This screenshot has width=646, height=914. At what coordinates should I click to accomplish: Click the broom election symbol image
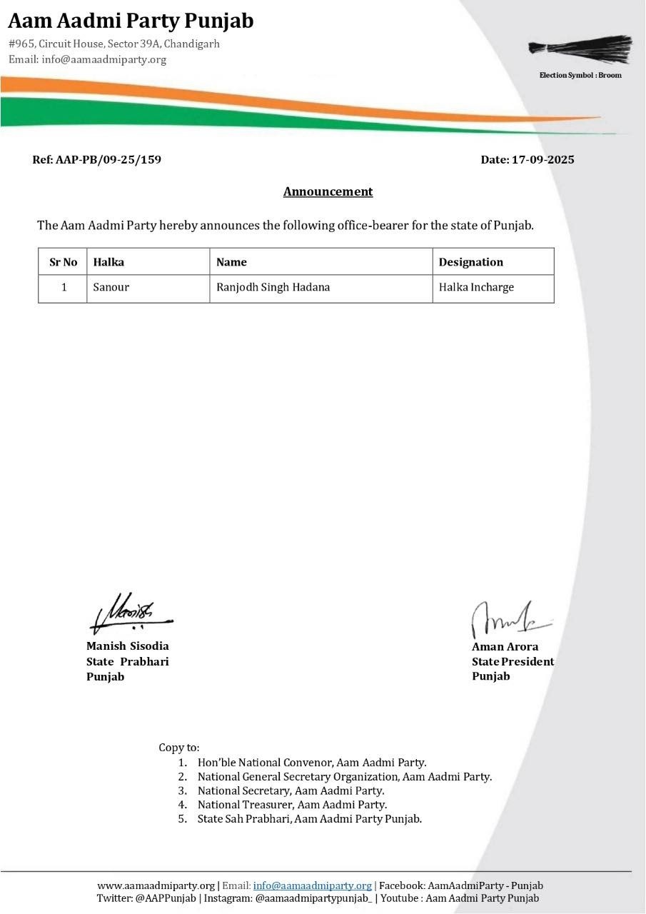580,49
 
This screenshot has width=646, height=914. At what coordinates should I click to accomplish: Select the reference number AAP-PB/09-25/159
108,160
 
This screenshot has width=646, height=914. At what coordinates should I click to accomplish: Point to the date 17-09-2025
542,160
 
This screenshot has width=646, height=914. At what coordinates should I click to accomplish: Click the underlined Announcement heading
328,191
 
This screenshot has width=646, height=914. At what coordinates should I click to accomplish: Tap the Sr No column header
63,262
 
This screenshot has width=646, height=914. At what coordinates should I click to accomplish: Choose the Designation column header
470,262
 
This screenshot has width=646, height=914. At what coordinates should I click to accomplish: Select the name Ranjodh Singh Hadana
273,288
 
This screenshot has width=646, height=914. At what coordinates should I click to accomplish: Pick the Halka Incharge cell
476,288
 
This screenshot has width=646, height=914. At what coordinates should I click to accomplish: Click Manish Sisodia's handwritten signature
130,613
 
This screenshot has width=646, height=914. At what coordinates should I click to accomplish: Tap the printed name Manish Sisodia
128,646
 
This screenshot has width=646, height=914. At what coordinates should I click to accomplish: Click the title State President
513,662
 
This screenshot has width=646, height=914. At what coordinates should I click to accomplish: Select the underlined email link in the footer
312,886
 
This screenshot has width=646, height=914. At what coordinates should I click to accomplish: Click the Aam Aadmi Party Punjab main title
131,21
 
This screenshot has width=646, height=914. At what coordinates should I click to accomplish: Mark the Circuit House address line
114,44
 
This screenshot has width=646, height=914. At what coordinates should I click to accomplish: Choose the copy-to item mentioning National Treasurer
292,805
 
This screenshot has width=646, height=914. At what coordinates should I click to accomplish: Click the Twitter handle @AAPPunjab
166,899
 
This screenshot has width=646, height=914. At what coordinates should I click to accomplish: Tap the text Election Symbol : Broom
580,76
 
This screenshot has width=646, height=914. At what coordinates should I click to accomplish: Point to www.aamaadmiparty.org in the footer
156,886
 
